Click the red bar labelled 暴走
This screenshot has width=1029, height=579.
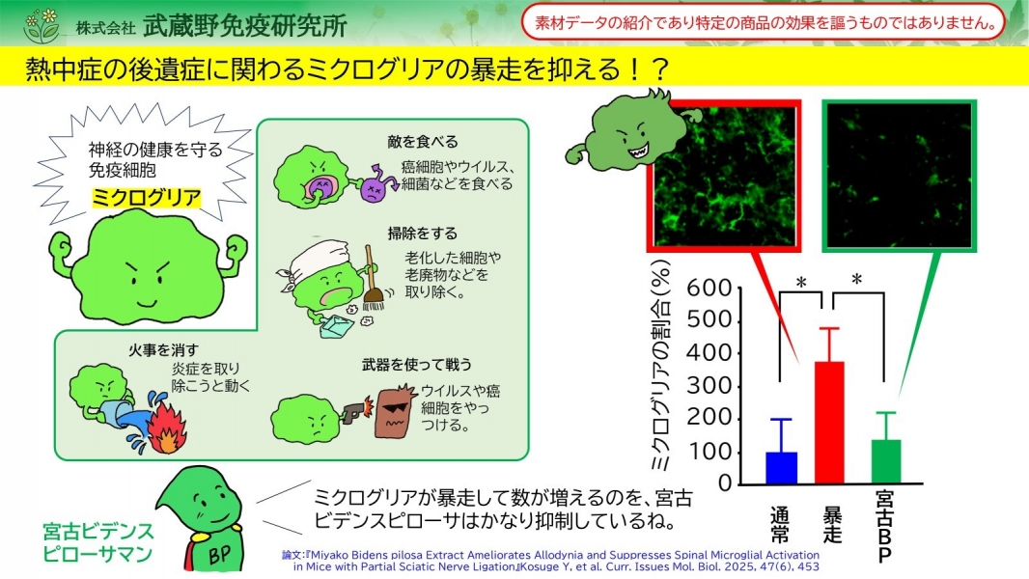click(829, 423)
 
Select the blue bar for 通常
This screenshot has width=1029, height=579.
click(782, 467)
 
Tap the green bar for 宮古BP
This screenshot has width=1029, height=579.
click(886, 461)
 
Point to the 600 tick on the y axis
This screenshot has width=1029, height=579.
click(709, 288)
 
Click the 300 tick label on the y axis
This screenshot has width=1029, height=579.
click(709, 386)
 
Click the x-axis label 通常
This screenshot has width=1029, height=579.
click(780, 525)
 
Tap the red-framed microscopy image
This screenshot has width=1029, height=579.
click(725, 176)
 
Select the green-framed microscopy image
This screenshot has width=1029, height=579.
click(899, 176)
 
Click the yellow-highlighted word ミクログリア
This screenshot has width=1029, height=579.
click(146, 198)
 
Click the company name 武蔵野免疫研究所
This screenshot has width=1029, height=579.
click(245, 26)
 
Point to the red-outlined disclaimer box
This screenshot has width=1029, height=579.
click(763, 23)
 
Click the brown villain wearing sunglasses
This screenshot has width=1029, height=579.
click(396, 411)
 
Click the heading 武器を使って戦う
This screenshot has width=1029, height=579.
click(417, 365)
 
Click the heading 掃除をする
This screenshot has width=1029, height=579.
click(422, 234)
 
